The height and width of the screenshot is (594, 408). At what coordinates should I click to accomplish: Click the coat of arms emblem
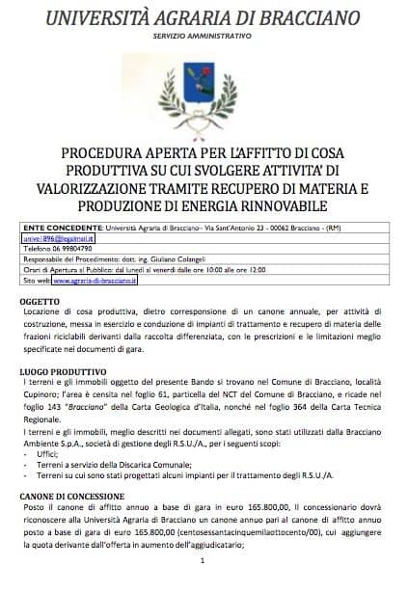[x=204, y=89]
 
